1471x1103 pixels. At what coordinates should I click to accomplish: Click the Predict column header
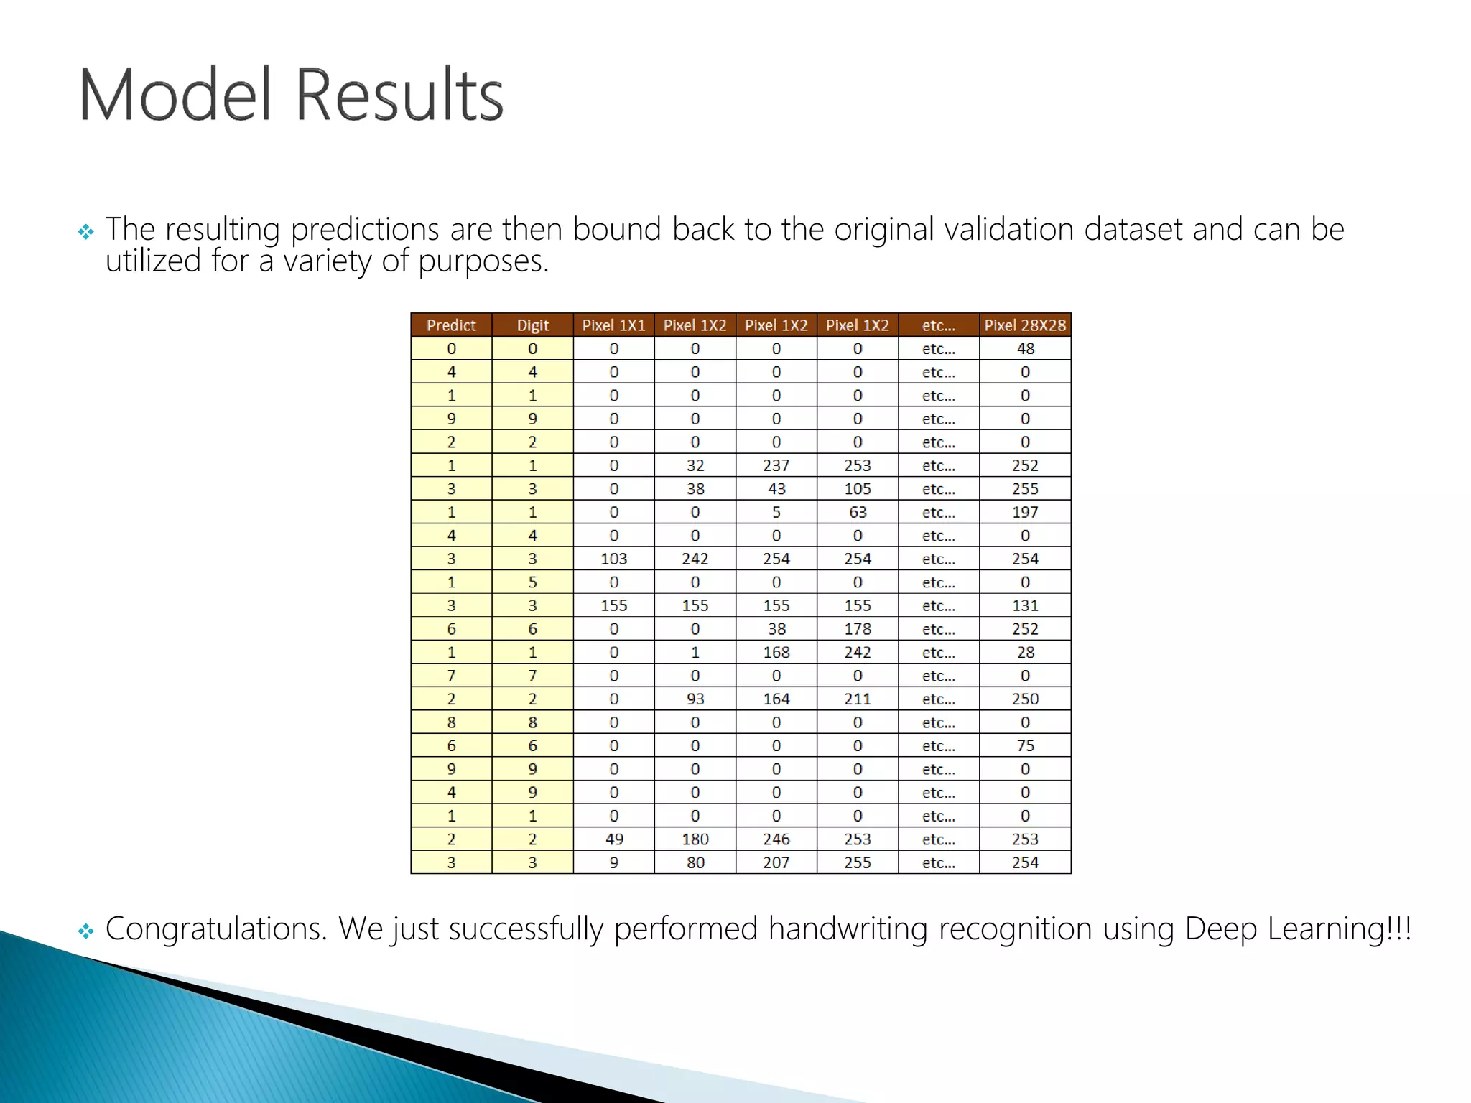(x=451, y=325)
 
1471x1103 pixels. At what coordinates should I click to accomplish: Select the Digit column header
(x=532, y=325)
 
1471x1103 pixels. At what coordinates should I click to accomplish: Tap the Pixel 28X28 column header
(x=1025, y=325)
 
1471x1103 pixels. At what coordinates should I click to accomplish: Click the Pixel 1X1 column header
(x=613, y=325)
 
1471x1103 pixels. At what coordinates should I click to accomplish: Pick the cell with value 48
(x=1025, y=349)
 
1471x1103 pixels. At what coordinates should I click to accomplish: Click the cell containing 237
(x=776, y=465)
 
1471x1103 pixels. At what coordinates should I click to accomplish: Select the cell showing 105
(x=857, y=489)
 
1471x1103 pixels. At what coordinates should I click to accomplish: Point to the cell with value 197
(x=1025, y=512)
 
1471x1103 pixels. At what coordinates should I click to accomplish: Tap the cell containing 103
(x=613, y=559)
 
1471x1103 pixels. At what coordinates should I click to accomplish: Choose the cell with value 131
(x=1025, y=605)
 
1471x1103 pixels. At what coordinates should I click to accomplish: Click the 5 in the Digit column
(x=532, y=582)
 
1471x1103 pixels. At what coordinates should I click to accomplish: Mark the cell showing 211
(x=857, y=699)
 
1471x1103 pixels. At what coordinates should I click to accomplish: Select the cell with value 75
(x=1025, y=745)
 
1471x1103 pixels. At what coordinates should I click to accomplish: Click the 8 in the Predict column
(x=451, y=722)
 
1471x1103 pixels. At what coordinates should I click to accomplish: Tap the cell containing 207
(x=776, y=862)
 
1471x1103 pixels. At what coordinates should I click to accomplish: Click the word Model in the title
(x=175, y=95)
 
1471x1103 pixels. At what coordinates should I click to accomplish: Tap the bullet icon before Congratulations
(x=86, y=931)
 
